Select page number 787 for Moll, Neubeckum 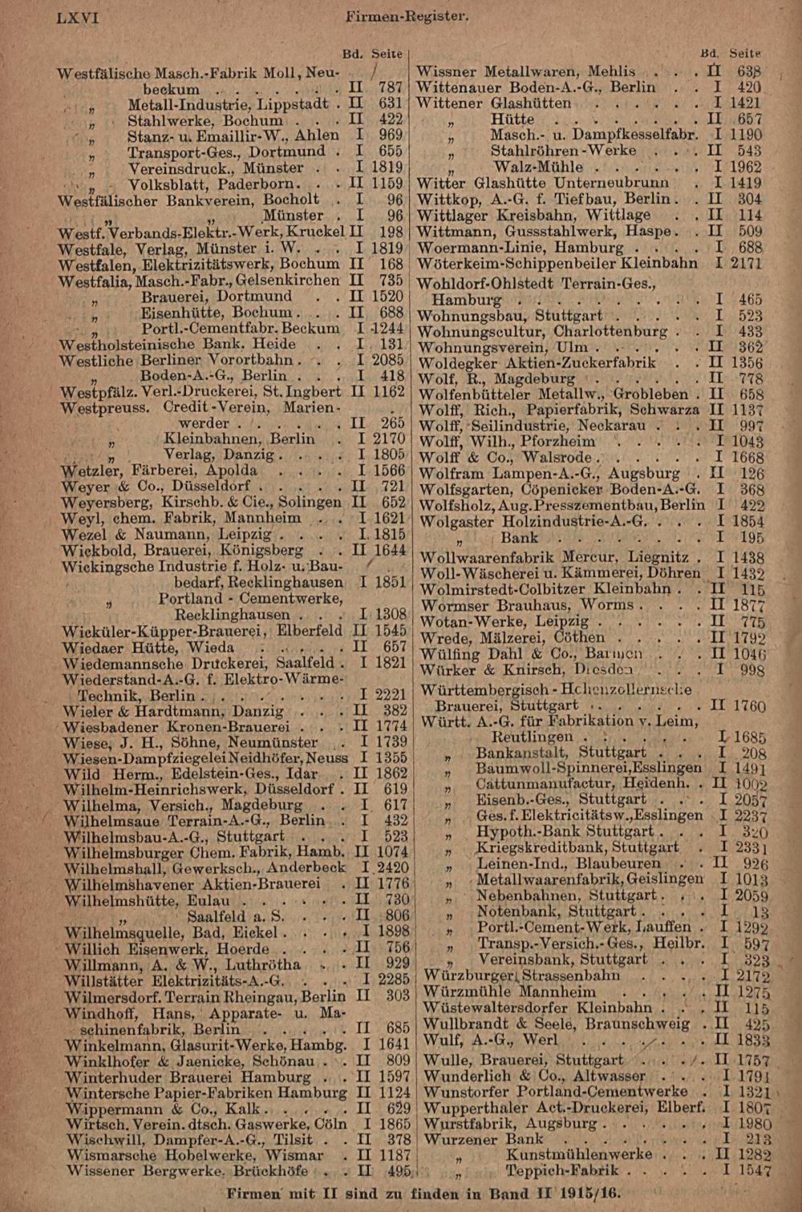click(x=390, y=87)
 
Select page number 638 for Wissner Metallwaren click(x=751, y=71)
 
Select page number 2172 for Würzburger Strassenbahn click(x=751, y=976)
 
